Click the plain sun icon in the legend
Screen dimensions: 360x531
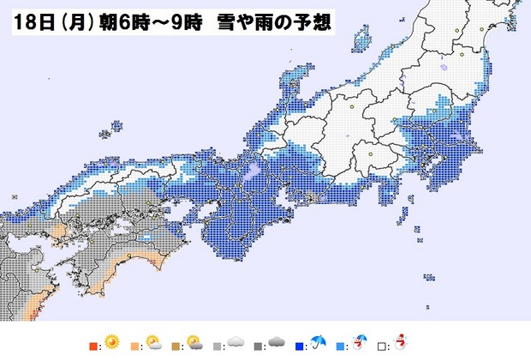coord(110,343)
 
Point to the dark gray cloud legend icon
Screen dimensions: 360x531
coord(276,343)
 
